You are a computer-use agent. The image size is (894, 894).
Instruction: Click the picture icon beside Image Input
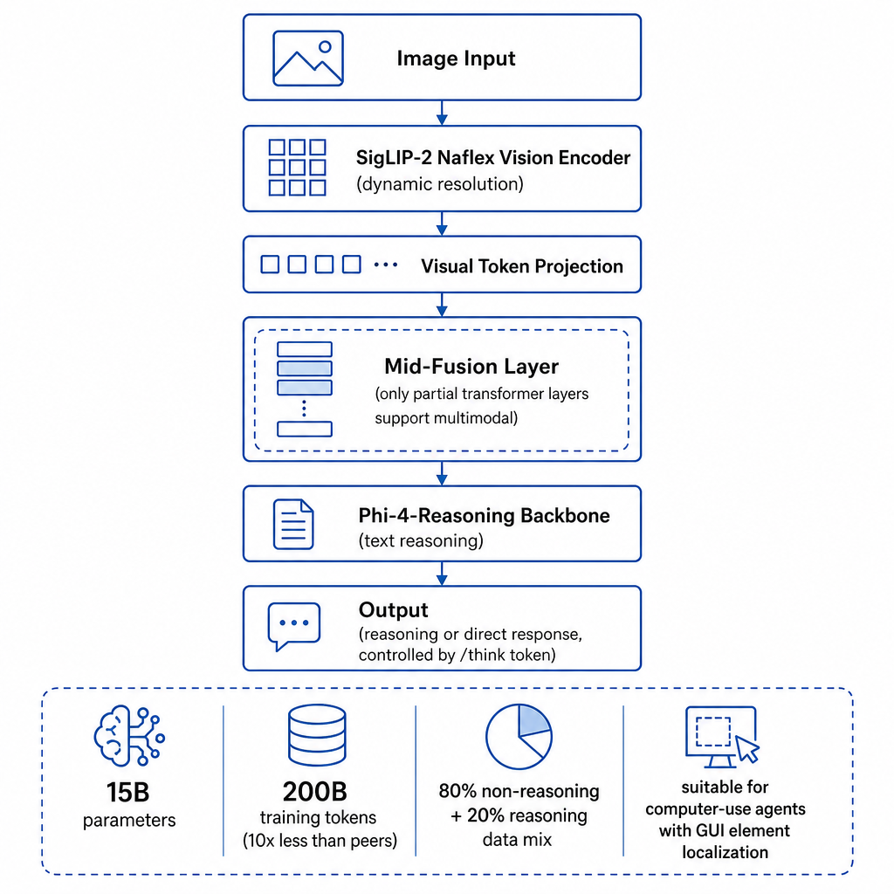click(308, 58)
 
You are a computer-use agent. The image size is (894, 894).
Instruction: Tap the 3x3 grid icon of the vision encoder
click(297, 168)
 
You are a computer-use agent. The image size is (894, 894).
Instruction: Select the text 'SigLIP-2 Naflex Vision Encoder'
click(493, 157)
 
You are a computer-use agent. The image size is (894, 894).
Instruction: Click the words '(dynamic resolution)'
click(440, 184)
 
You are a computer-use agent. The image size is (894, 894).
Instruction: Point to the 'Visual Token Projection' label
click(522, 266)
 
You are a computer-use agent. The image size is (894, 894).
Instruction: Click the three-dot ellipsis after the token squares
click(386, 265)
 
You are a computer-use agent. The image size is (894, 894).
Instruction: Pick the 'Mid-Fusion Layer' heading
click(471, 366)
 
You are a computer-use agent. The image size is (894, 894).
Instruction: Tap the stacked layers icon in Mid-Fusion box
click(305, 389)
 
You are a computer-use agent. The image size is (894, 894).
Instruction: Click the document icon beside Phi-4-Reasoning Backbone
click(293, 524)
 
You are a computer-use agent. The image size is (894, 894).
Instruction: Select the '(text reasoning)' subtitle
click(421, 540)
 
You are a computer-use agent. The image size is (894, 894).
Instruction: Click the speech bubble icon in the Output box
click(294, 626)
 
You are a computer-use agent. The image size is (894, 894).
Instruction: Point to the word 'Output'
click(394, 610)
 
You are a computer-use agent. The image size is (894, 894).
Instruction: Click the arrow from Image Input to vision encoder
click(442, 113)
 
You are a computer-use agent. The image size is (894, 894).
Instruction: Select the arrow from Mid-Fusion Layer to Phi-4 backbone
click(442, 473)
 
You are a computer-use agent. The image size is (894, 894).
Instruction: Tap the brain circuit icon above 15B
click(129, 735)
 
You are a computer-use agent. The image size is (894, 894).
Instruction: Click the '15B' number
click(128, 792)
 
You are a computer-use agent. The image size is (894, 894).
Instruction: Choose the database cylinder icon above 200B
click(317, 735)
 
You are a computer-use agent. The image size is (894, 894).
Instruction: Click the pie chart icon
click(519, 737)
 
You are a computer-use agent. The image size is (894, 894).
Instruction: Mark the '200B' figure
click(314, 791)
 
